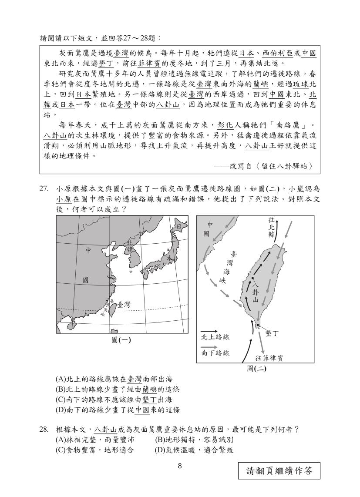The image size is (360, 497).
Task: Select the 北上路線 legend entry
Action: pyautogui.click(x=215, y=337)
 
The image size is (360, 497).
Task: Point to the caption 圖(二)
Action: pyautogui.click(x=256, y=369)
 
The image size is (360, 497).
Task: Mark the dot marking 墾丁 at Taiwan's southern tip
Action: pyautogui.click(x=258, y=325)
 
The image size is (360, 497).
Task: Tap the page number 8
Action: pyautogui.click(x=179, y=467)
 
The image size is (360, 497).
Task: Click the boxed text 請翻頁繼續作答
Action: pyautogui.click(x=279, y=471)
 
